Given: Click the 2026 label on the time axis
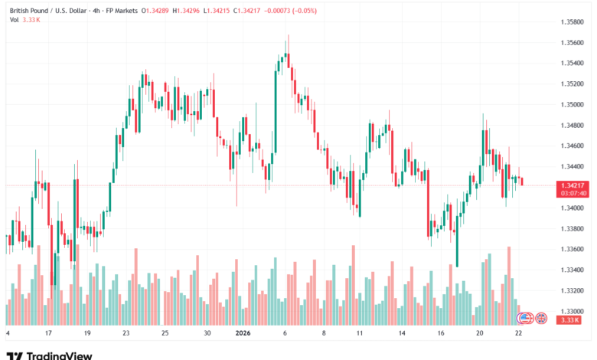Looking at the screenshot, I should pos(243,333).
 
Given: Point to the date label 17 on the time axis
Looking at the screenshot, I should pos(48,333).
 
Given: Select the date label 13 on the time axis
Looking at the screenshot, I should pos(401,333).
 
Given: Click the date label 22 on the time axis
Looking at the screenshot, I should pos(520,333).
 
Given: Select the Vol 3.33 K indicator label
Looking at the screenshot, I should pos(25,19).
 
